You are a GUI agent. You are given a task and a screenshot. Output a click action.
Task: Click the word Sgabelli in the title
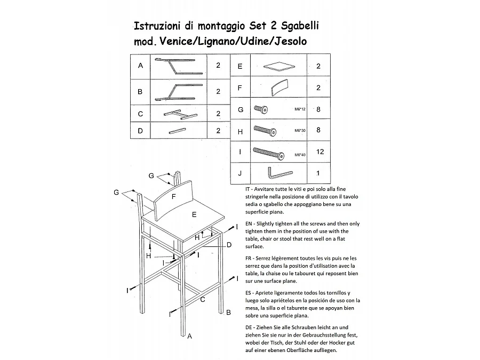300,26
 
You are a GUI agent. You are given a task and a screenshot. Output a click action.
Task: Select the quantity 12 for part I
320,152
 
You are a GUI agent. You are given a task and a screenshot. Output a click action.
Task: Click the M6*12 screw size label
300,109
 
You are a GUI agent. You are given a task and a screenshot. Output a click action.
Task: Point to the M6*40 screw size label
300,155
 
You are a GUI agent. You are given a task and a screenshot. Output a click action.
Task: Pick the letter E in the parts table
240,66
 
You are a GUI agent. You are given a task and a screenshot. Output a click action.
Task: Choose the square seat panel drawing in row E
279,67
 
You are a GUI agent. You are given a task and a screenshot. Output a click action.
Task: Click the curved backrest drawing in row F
279,87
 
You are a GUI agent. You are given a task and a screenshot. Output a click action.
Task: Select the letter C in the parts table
140,114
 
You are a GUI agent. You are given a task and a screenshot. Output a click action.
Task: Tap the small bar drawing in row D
177,131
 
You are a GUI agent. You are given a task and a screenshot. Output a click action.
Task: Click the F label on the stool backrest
173,197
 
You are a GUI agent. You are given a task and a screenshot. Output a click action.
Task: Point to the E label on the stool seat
194,215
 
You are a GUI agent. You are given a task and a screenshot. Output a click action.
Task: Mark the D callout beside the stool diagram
229,245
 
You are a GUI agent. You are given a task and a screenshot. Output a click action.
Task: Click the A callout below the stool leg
189,337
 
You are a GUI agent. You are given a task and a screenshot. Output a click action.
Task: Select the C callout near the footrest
202,300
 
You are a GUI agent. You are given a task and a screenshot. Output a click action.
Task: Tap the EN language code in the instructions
249,224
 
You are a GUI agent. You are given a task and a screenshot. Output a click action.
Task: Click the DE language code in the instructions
249,327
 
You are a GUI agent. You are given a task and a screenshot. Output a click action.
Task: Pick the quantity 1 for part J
318,173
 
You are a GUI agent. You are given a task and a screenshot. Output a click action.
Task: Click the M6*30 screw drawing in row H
265,130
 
